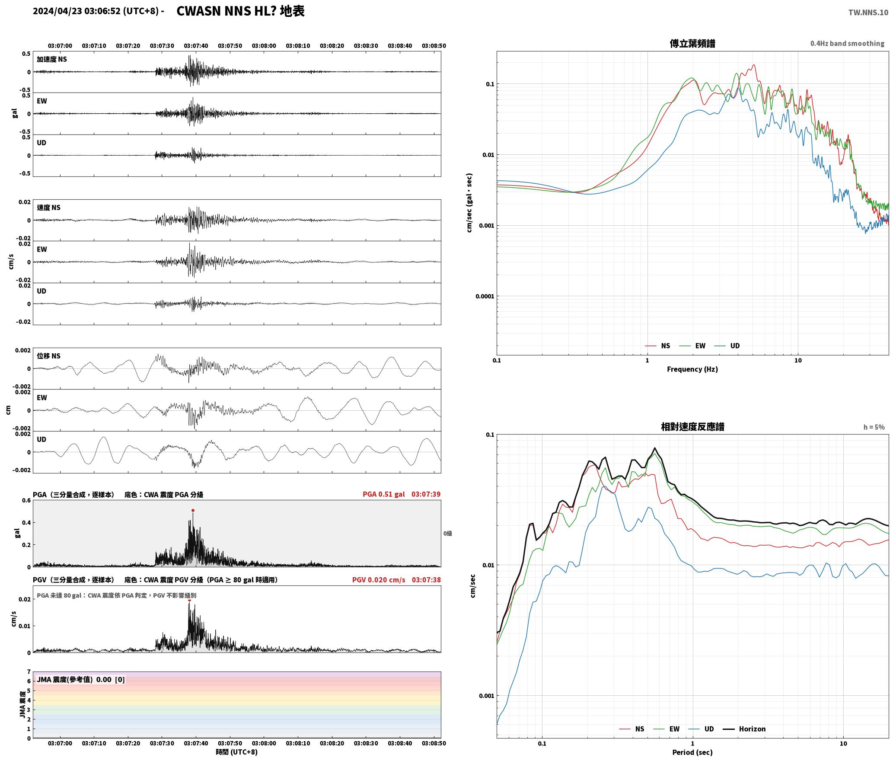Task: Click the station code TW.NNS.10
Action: (x=868, y=12)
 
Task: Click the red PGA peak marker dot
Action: (x=193, y=511)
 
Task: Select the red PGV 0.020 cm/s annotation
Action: (x=379, y=580)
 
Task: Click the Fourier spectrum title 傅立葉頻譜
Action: (x=692, y=43)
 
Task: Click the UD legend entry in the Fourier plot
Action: (x=727, y=345)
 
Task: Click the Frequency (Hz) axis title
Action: (x=692, y=369)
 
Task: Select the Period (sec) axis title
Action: (x=692, y=752)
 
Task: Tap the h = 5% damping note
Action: (x=874, y=427)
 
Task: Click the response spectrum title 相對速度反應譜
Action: (x=692, y=427)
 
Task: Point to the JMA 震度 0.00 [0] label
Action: (x=81, y=679)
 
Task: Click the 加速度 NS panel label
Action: (x=52, y=59)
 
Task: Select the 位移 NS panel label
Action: (x=48, y=356)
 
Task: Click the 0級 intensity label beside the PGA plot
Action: (x=447, y=534)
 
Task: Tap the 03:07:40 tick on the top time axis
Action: (x=196, y=45)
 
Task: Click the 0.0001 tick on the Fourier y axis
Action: (x=485, y=296)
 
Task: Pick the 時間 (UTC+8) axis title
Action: (x=237, y=752)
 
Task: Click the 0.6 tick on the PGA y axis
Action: (x=26, y=500)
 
